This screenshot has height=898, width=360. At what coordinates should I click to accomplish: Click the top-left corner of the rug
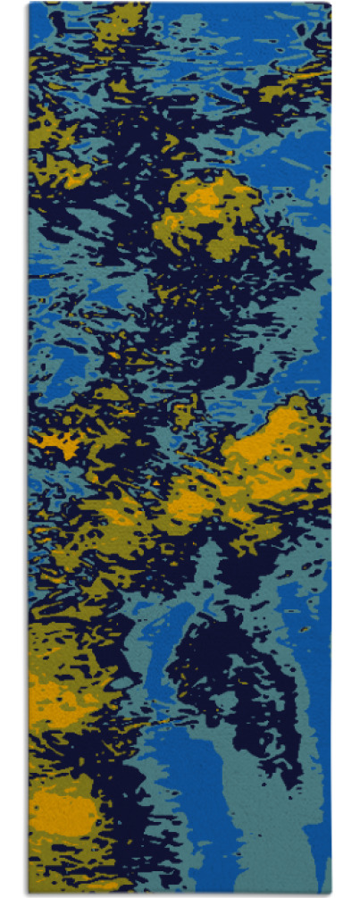tap(29, 4)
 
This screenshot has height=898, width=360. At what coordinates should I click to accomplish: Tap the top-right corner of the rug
tap(331, 4)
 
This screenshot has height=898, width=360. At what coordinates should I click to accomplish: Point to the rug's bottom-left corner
tap(29, 894)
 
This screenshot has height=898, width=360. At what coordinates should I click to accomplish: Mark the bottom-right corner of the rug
tap(331, 894)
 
